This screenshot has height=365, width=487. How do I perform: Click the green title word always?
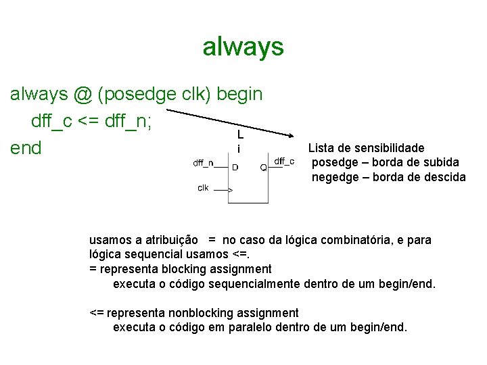tap(243, 47)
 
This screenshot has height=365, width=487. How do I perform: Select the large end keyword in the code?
tap(26, 147)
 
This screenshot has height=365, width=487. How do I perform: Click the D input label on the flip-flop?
tap(235, 166)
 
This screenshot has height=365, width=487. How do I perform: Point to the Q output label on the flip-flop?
tap(263, 166)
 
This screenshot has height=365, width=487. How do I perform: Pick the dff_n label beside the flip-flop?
tap(203, 162)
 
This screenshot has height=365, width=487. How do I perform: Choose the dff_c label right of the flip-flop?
tap(284, 161)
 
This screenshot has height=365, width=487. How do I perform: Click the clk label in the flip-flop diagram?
tap(203, 187)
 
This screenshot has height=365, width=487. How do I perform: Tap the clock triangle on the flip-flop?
tap(230, 191)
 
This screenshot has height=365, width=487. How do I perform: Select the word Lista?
tap(321, 147)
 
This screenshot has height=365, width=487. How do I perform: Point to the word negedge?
tap(333, 177)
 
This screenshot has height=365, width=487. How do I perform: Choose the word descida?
tap(444, 177)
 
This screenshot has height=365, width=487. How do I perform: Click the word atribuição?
tap(172, 240)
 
